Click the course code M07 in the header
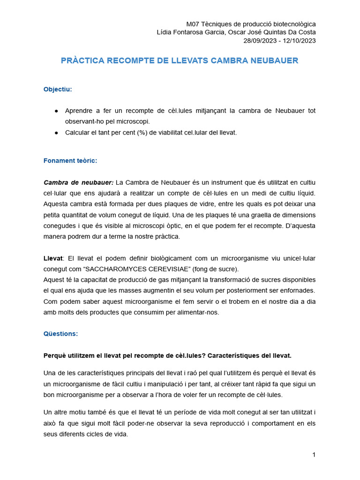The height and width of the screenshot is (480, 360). coord(193,24)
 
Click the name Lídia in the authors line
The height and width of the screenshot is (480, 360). coord(165,32)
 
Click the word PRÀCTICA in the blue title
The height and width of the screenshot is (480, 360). coord(82,61)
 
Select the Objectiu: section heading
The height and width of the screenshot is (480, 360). coord(58,89)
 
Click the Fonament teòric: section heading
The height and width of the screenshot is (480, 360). coord(70,160)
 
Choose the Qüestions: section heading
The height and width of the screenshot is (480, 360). coord(60,334)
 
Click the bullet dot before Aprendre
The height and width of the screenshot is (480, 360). coord(56,111)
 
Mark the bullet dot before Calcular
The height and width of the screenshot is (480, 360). coord(56,133)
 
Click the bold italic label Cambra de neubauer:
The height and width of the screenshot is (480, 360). coord(78,182)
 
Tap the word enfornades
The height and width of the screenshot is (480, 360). coord(299,291)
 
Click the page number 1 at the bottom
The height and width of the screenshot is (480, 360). coord(314,455)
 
